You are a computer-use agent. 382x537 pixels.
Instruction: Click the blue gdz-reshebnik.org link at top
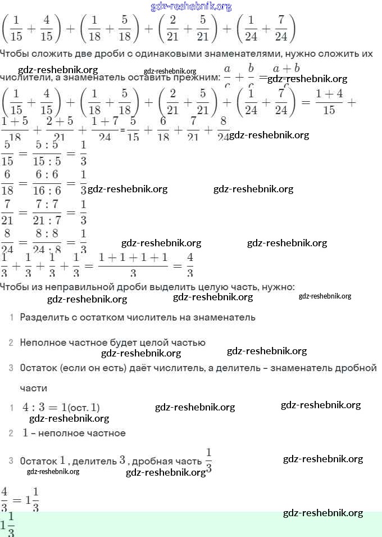[x=191, y=7]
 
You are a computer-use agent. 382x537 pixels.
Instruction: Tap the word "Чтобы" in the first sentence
[x=13, y=54]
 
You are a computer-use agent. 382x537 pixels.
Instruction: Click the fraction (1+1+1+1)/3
[x=133, y=264]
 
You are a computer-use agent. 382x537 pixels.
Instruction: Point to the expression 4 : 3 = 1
[x=45, y=407]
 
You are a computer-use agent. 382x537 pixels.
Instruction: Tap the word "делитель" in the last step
[x=97, y=461]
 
